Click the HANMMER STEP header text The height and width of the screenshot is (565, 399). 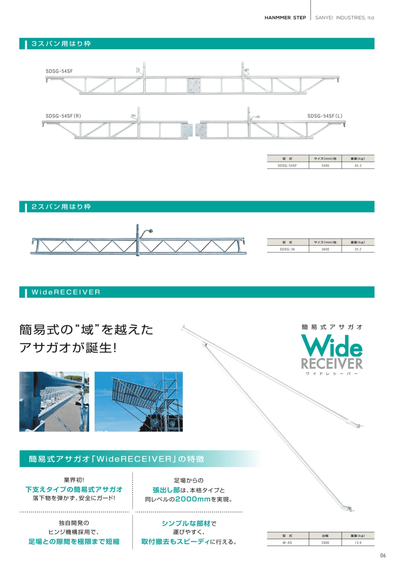click(285, 18)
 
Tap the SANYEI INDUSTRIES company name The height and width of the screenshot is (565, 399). click(345, 18)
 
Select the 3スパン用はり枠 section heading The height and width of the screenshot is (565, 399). click(61, 44)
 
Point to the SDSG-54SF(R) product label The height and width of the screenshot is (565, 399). click(63, 116)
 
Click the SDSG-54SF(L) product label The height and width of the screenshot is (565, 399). click(325, 116)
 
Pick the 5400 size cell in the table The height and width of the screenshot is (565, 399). click(325, 166)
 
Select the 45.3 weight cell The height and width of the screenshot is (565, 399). click(358, 166)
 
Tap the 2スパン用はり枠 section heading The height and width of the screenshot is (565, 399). click(61, 207)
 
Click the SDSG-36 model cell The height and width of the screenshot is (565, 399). click(287, 249)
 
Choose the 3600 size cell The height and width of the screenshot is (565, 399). click(325, 249)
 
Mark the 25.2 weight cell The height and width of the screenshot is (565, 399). click(358, 249)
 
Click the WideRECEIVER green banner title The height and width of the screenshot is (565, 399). click(66, 292)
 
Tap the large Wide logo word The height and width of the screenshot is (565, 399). click(332, 346)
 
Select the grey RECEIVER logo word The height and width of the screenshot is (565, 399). click(332, 364)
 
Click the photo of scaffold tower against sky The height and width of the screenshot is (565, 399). click(138, 401)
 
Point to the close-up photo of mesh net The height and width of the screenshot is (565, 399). click(54, 401)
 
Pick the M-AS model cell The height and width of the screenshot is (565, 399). click(287, 543)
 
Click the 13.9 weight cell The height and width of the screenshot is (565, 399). click(358, 543)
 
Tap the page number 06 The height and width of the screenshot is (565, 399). click(383, 555)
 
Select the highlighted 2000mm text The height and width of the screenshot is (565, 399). click(193, 499)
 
